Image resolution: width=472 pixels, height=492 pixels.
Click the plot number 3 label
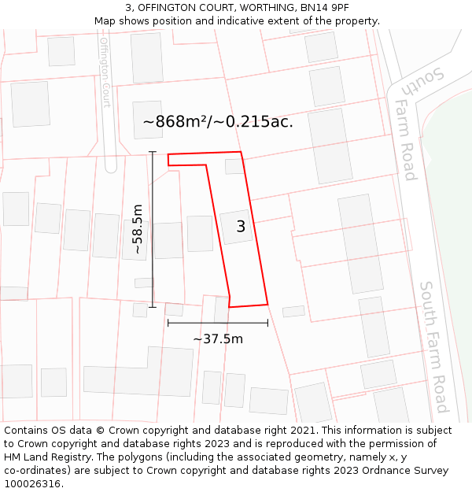pyautogui.click(x=241, y=227)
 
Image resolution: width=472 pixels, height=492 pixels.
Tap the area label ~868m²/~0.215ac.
pyautogui.click(x=218, y=122)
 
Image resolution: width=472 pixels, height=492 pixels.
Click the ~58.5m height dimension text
pyautogui.click(x=138, y=229)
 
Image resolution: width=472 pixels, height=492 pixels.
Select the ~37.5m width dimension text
pyautogui.click(x=218, y=339)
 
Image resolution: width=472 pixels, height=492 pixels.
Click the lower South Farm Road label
pyautogui.click(x=433, y=346)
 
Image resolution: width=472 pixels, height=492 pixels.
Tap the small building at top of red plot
pyautogui.click(x=234, y=166)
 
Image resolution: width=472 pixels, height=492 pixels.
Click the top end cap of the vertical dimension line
pyautogui.click(x=152, y=152)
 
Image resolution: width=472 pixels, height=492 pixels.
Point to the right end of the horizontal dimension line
pyautogui.click(x=267, y=323)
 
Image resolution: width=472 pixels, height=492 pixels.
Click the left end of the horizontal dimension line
pyautogui.click(x=168, y=323)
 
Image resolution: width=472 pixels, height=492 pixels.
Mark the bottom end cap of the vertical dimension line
pyautogui.click(x=152, y=307)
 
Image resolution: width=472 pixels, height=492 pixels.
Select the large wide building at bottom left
pyautogui.click(x=138, y=372)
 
